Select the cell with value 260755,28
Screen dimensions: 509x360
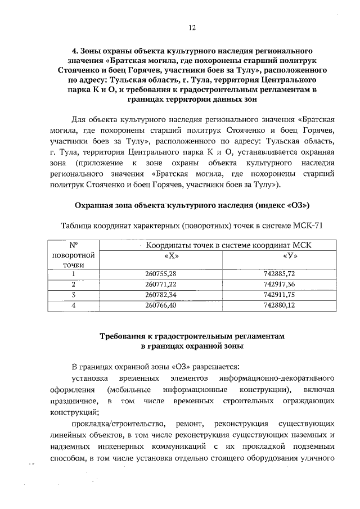click(161, 273)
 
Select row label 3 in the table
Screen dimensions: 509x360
click(73, 294)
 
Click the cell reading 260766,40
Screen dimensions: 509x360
click(161, 305)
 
